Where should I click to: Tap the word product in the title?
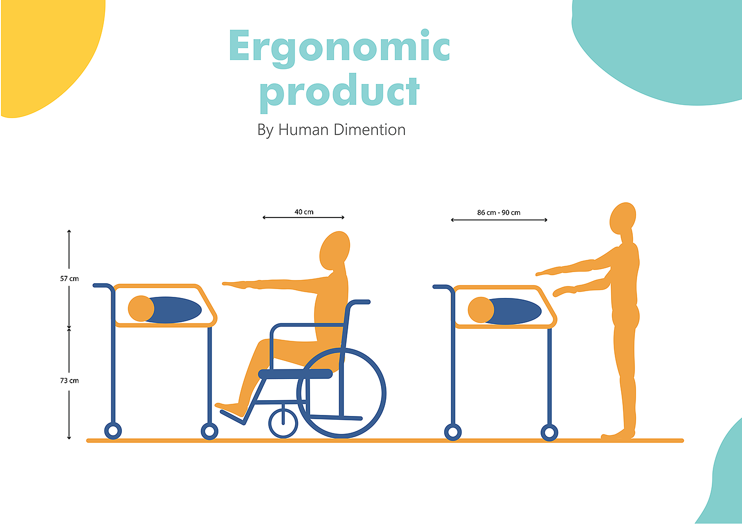[339, 93]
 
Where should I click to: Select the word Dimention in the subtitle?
[369, 130]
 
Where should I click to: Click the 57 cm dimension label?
[69, 278]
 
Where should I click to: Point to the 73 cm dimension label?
[69, 381]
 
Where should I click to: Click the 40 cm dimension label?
[304, 212]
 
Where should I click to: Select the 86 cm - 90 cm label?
[499, 212]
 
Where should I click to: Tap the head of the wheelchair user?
[334, 250]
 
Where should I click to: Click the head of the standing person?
[623, 218]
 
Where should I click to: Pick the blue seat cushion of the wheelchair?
[295, 374]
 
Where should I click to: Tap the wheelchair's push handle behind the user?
[359, 302]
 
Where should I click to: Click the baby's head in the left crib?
[141, 308]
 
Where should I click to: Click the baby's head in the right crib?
[481, 310]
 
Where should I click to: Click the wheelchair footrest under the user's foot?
[233, 418]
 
